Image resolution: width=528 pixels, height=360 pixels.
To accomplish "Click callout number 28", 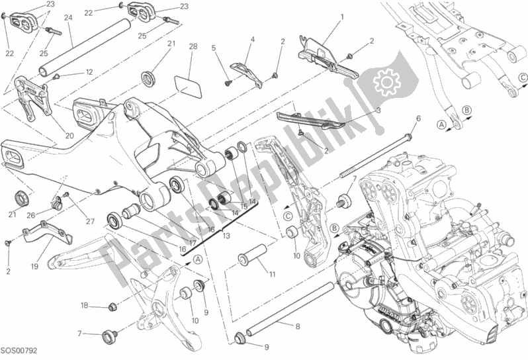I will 193,46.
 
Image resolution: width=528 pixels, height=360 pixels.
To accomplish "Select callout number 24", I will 68,18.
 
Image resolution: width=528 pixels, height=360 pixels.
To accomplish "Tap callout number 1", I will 342,16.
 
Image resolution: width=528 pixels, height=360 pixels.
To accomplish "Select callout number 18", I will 84,306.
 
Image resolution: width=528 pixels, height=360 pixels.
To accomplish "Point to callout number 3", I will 377,111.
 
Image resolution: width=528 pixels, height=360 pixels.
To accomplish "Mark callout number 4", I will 252,40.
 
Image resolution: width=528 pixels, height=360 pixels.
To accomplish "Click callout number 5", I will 214,48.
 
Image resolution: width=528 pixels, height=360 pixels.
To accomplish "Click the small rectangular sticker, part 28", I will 189,87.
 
